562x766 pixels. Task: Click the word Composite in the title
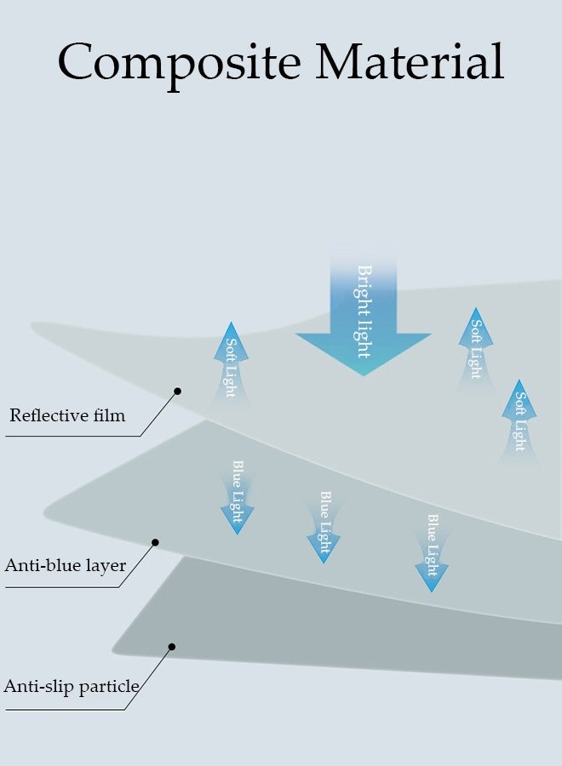tap(180, 61)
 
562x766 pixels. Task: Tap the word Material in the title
tap(410, 61)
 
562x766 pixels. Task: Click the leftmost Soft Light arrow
tap(231, 362)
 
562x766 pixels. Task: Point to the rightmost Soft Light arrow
tap(519, 417)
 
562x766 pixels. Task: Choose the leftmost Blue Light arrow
tap(238, 498)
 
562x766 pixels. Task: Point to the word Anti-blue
tap(41, 565)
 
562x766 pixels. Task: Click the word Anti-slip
tap(37, 686)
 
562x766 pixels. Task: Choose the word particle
tap(109, 687)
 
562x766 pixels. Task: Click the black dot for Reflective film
tap(178, 392)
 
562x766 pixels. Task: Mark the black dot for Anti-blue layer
tap(155, 541)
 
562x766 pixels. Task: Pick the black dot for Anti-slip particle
tap(171, 647)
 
